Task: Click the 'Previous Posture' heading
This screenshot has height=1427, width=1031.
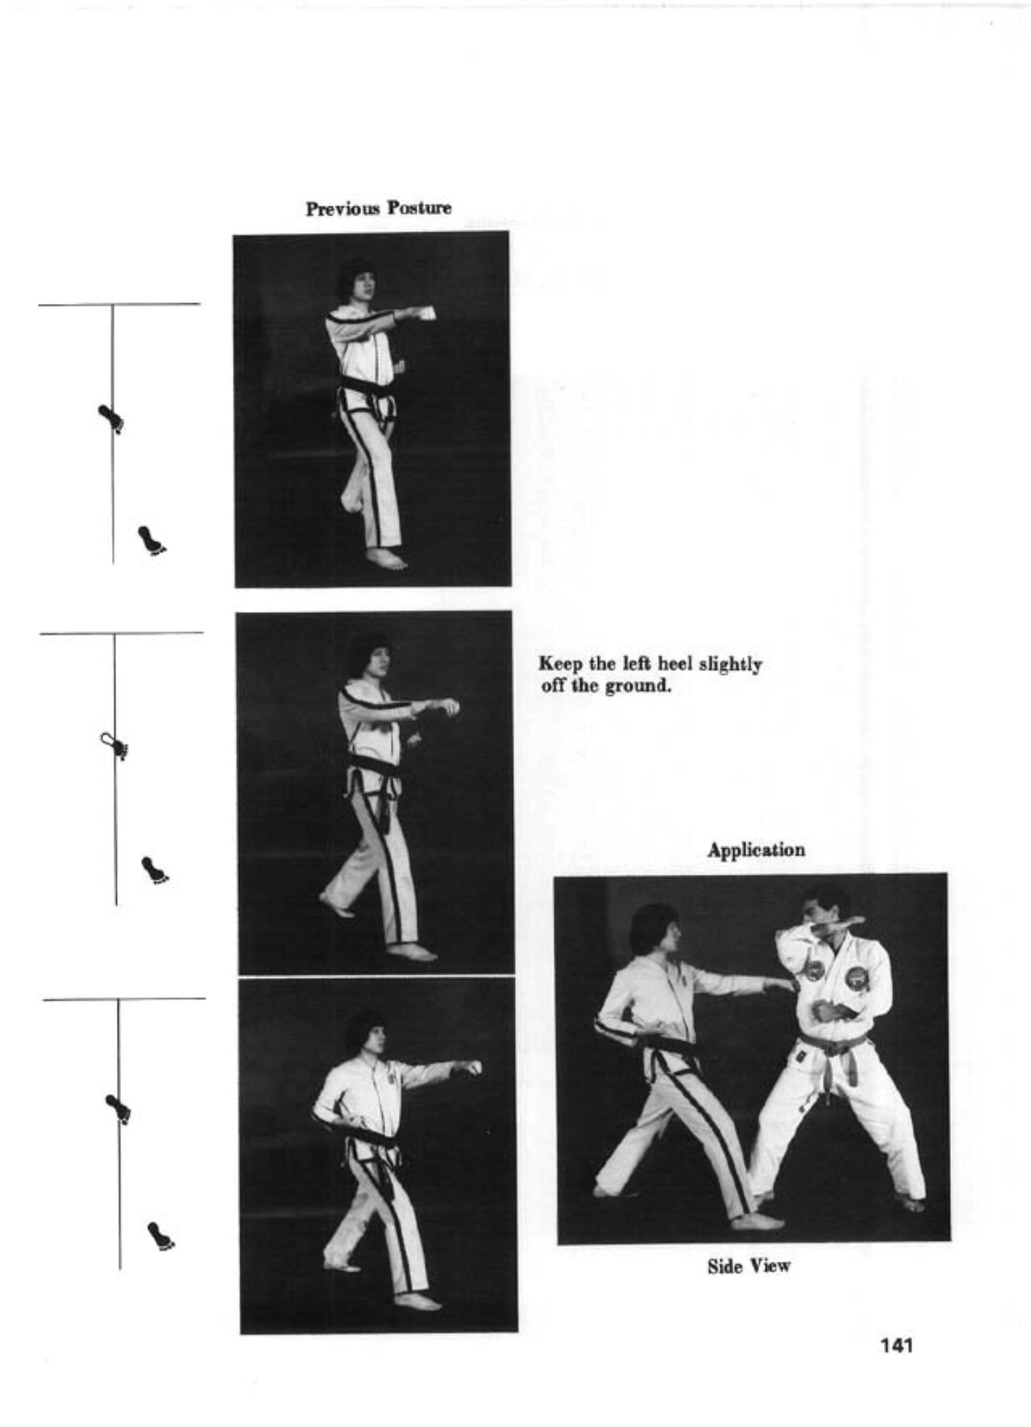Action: tap(379, 208)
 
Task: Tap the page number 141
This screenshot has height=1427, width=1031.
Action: tap(896, 1345)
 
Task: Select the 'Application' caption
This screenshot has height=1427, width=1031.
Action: tap(756, 850)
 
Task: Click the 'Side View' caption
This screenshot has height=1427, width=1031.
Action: tap(749, 1266)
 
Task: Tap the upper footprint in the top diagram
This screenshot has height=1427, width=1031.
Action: tap(111, 419)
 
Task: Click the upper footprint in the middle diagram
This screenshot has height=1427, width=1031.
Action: tap(114, 746)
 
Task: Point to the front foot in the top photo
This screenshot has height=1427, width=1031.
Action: tap(386, 560)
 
